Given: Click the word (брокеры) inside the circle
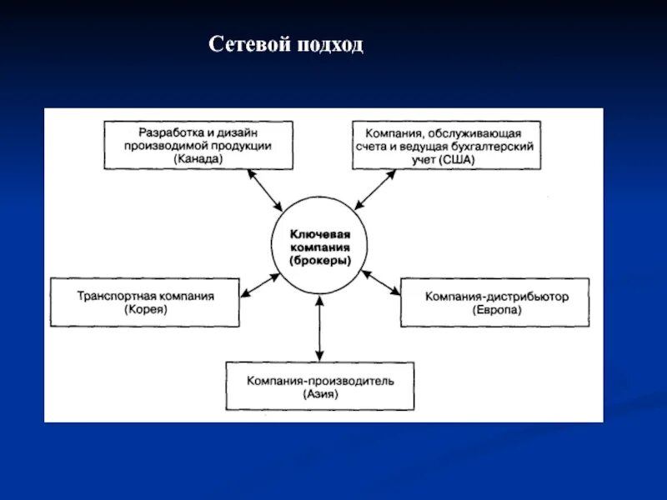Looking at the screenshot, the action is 320,261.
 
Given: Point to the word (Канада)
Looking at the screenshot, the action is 198,158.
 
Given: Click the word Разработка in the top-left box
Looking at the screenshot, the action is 166,132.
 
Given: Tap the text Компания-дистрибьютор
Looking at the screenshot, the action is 496,295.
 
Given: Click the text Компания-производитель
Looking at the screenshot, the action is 320,380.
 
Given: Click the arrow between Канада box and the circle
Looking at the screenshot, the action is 266,190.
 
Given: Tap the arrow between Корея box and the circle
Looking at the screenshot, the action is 259,283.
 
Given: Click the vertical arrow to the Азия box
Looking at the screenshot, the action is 320,328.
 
